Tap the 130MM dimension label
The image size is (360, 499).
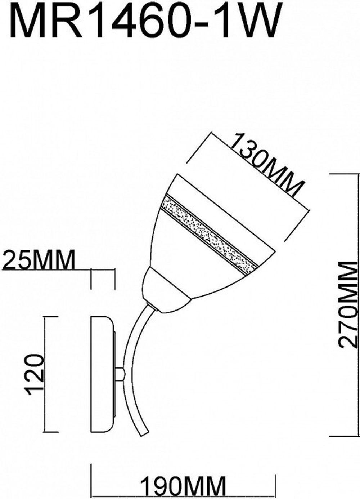pos(266,165)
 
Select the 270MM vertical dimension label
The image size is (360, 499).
pos(348,304)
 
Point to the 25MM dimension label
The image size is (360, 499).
pos(39,260)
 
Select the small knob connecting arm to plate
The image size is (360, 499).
pos(120,374)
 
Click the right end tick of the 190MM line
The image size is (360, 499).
pos(275,476)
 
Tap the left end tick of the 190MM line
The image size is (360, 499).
pos(91,476)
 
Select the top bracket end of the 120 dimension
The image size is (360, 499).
pos(50,317)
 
